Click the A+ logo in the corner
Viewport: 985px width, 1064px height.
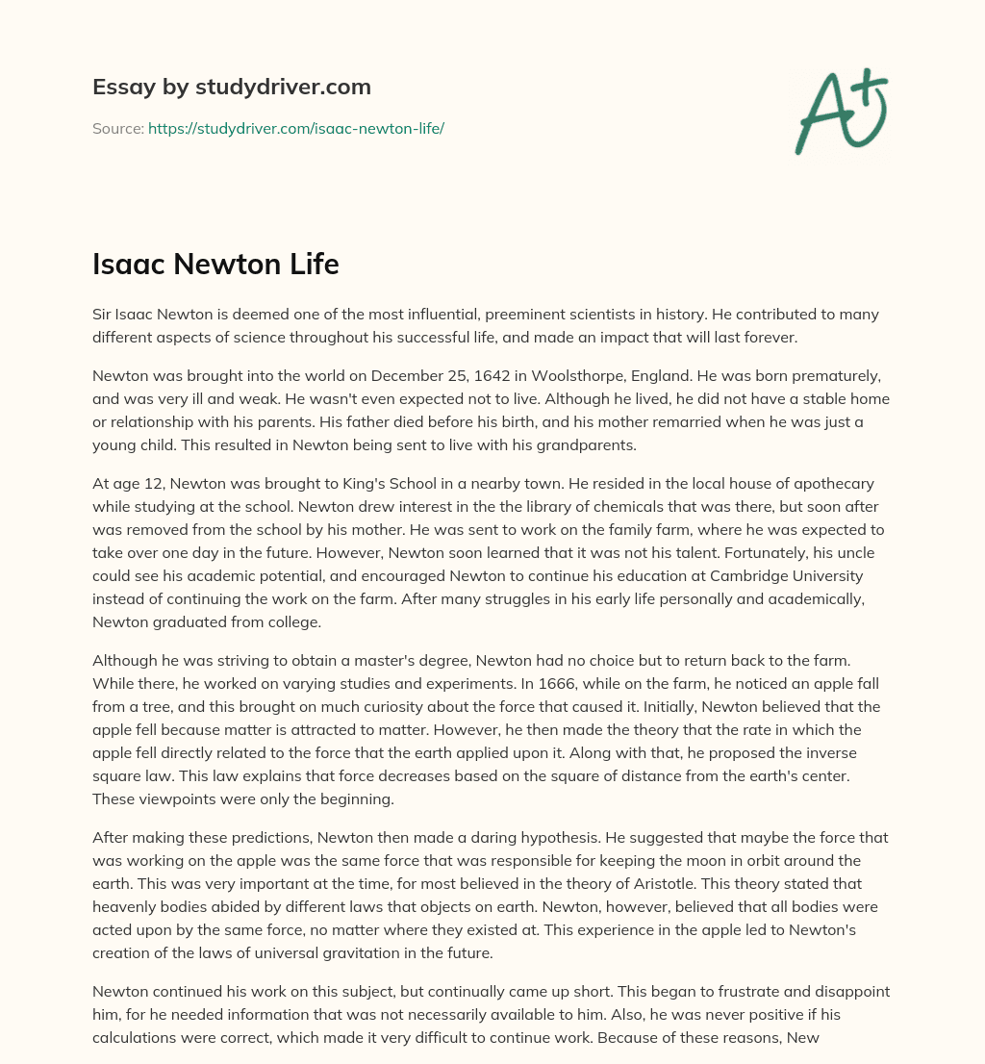click(x=840, y=112)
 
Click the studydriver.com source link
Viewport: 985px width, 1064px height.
click(x=295, y=128)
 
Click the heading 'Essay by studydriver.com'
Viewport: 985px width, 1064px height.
click(x=232, y=87)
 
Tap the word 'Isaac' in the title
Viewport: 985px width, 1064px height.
click(x=127, y=264)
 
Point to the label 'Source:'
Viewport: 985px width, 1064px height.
click(x=117, y=128)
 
